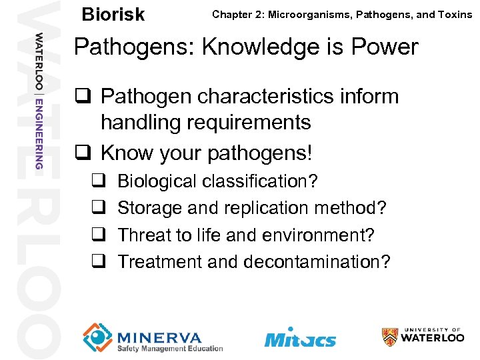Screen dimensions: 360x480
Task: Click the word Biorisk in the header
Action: tap(112, 15)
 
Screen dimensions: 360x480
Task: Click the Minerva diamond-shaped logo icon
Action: tap(98, 337)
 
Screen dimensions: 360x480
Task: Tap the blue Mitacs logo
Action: tap(300, 338)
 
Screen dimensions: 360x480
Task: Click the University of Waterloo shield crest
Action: tap(389, 337)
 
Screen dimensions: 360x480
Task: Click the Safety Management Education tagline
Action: tap(170, 349)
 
